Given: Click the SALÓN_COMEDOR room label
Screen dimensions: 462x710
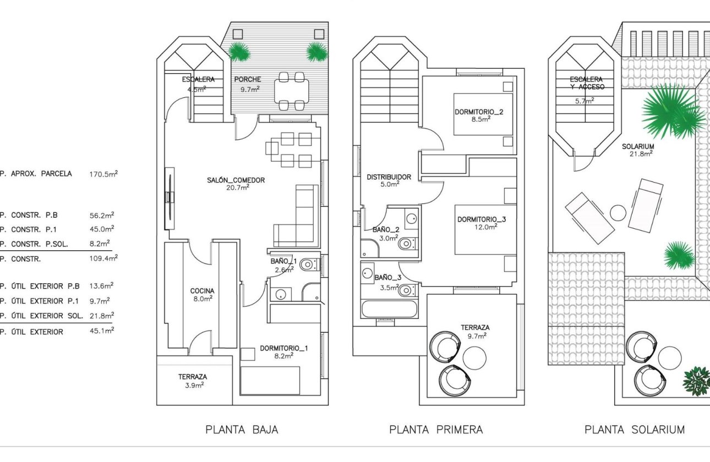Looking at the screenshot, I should [236, 180].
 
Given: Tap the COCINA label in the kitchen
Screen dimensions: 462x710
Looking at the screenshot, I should [202, 291].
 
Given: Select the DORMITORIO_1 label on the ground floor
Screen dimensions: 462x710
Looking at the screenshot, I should [284, 348].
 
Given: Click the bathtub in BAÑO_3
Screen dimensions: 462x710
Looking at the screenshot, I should [389, 309].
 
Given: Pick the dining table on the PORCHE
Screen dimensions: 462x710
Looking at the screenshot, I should [291, 91].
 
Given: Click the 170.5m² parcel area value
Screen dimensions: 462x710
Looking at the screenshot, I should [103, 174].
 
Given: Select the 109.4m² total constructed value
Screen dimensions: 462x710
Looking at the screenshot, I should [103, 258].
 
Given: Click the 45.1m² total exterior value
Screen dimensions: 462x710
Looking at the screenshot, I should [102, 332].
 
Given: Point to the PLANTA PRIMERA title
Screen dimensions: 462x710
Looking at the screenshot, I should [436, 430].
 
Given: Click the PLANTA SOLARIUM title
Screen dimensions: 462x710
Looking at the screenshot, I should [635, 430].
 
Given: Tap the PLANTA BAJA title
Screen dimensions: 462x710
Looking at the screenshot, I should [242, 430].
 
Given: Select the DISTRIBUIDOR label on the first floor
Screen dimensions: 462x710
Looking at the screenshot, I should [389, 177].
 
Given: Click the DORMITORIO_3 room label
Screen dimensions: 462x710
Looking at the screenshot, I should [482, 219].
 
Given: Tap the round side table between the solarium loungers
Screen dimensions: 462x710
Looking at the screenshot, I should [619, 213].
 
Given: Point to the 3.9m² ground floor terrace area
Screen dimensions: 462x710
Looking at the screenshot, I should [192, 386].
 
